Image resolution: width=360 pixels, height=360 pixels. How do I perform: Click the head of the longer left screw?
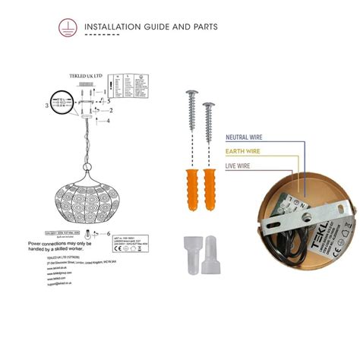(191, 95)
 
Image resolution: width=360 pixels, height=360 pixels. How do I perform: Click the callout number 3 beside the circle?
(46, 106)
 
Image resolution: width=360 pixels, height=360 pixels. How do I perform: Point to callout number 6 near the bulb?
(109, 233)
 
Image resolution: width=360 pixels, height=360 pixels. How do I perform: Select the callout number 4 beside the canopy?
(108, 121)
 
